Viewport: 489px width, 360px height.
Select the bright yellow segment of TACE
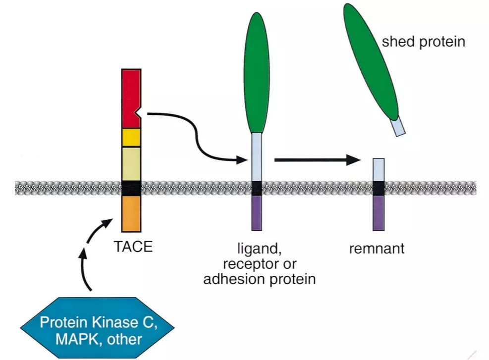131,138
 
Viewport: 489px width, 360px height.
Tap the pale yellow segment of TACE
131,164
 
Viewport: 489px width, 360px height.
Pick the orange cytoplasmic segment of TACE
131,214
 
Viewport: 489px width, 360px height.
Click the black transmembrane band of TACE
131,189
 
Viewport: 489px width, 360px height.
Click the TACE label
133,247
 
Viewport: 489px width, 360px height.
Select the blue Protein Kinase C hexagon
97,328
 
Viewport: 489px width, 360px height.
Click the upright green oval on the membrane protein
256,73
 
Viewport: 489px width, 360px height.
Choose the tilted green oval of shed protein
371,62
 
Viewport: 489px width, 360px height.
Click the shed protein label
424,42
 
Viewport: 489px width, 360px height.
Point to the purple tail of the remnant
379,213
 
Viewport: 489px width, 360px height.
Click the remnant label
377,249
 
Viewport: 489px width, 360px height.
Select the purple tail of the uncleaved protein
257,213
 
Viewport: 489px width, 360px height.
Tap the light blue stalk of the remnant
379,170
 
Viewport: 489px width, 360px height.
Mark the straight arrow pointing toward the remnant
318,160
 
